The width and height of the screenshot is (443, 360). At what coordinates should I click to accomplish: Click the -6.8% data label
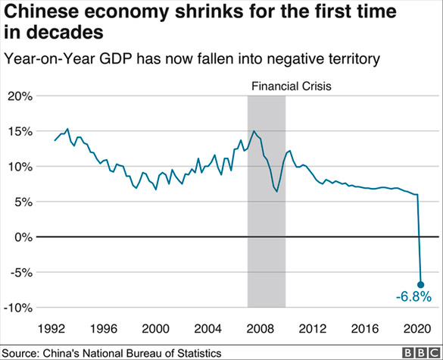413,297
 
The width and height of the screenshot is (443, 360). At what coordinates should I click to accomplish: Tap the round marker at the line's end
420,284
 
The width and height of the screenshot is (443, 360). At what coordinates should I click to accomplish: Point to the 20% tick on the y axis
20,96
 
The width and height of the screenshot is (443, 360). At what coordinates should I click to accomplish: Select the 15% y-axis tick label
20,131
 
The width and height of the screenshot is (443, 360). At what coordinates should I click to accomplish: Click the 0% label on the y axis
23,237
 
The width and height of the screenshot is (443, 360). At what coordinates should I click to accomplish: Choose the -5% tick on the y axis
20,273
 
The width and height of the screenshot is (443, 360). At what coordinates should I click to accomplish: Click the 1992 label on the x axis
51,329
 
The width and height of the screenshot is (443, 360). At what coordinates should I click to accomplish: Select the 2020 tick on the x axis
416,329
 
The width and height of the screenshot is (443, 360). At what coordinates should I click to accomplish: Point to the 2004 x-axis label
207,329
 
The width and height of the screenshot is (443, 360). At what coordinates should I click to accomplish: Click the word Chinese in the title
43,13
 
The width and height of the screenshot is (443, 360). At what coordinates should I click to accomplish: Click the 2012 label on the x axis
312,329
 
